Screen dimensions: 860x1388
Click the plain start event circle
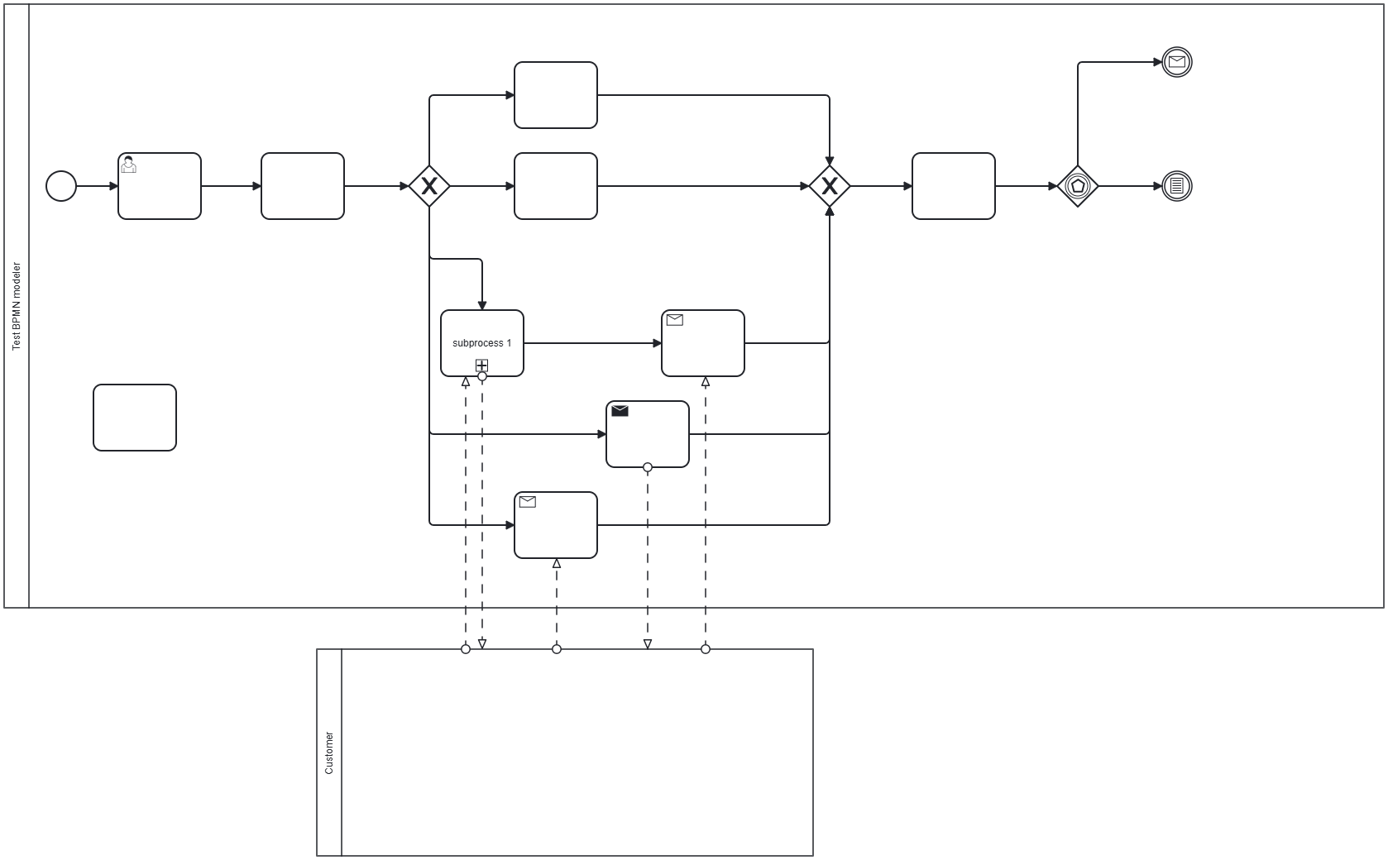[61, 186]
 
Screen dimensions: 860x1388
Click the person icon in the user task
[128, 165]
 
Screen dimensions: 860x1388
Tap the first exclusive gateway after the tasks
[429, 186]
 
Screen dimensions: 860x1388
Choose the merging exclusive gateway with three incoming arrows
[830, 186]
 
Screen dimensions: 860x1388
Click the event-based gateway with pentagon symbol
[1078, 186]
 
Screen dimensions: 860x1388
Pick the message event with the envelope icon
[1177, 62]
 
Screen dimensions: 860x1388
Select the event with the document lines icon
[1177, 186]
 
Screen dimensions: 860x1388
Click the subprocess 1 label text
[482, 343]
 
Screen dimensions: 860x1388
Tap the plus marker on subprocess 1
[481, 365]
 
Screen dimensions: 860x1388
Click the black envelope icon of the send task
[620, 411]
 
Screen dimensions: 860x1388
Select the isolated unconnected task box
[135, 418]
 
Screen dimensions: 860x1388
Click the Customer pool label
[329, 752]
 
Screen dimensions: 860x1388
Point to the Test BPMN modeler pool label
[17, 306]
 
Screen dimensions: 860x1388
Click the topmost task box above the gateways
[556, 95]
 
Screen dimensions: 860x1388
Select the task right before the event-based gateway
[954, 186]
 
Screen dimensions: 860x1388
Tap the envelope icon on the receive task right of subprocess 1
[675, 320]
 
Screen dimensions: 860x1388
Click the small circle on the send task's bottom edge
[648, 467]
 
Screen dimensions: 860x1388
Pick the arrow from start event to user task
[98, 186]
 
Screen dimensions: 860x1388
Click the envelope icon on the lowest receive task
[528, 502]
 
